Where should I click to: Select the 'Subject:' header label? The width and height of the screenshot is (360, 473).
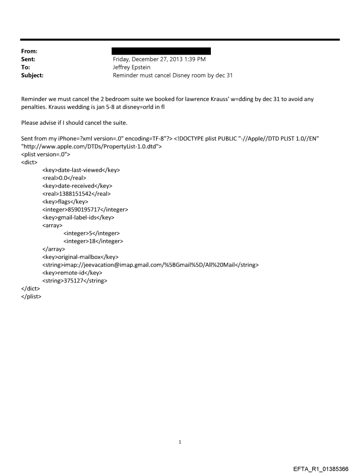pyautogui.click(x=32, y=75)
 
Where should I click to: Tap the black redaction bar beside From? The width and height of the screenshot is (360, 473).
pyautogui.click(x=161, y=51)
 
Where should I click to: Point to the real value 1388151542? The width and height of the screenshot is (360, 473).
pyautogui.click(x=76, y=194)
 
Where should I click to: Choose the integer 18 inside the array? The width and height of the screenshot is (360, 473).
pyautogui.click(x=93, y=241)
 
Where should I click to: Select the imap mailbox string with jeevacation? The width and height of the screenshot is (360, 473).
pyautogui.click(x=150, y=265)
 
